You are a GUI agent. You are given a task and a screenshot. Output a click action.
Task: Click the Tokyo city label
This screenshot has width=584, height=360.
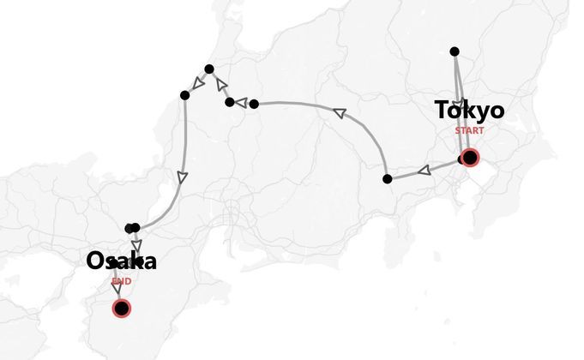pyautogui.click(x=469, y=111)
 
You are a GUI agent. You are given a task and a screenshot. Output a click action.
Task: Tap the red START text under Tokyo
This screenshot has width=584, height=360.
pyautogui.click(x=469, y=131)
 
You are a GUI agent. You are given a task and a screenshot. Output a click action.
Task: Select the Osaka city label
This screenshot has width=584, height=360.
pyautogui.click(x=121, y=262)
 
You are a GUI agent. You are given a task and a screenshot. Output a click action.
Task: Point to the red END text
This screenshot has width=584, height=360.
pyautogui.click(x=121, y=281)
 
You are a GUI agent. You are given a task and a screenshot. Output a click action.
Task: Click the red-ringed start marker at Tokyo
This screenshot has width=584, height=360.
pyautogui.click(x=469, y=158)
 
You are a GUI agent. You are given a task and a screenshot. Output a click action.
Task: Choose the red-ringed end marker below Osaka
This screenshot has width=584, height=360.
pyautogui.click(x=122, y=308)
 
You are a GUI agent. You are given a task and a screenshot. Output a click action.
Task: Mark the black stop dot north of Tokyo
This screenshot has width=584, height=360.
pyautogui.click(x=455, y=51)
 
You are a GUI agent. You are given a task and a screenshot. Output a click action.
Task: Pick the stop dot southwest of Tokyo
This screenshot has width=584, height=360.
pyautogui.click(x=388, y=178)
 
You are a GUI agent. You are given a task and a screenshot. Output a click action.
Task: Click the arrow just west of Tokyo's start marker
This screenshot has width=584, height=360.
pyautogui.click(x=424, y=171)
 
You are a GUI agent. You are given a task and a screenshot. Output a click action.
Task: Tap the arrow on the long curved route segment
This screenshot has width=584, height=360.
pyautogui.click(x=339, y=112)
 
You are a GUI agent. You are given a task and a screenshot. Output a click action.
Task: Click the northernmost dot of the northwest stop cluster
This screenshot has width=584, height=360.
pyautogui.click(x=208, y=69)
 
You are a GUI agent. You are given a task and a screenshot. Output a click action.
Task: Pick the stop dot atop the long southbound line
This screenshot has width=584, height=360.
pyautogui.click(x=184, y=94)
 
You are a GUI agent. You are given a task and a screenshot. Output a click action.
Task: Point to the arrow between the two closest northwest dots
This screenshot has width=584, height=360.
pyautogui.click(x=242, y=103)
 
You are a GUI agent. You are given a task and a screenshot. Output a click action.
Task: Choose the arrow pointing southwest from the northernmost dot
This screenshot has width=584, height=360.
pyautogui.click(x=197, y=82)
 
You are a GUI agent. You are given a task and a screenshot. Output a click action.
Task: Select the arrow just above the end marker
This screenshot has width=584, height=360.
pyautogui.click(x=117, y=289)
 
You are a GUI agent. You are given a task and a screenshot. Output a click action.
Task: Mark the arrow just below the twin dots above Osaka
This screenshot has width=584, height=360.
pyautogui.click(x=137, y=245)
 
